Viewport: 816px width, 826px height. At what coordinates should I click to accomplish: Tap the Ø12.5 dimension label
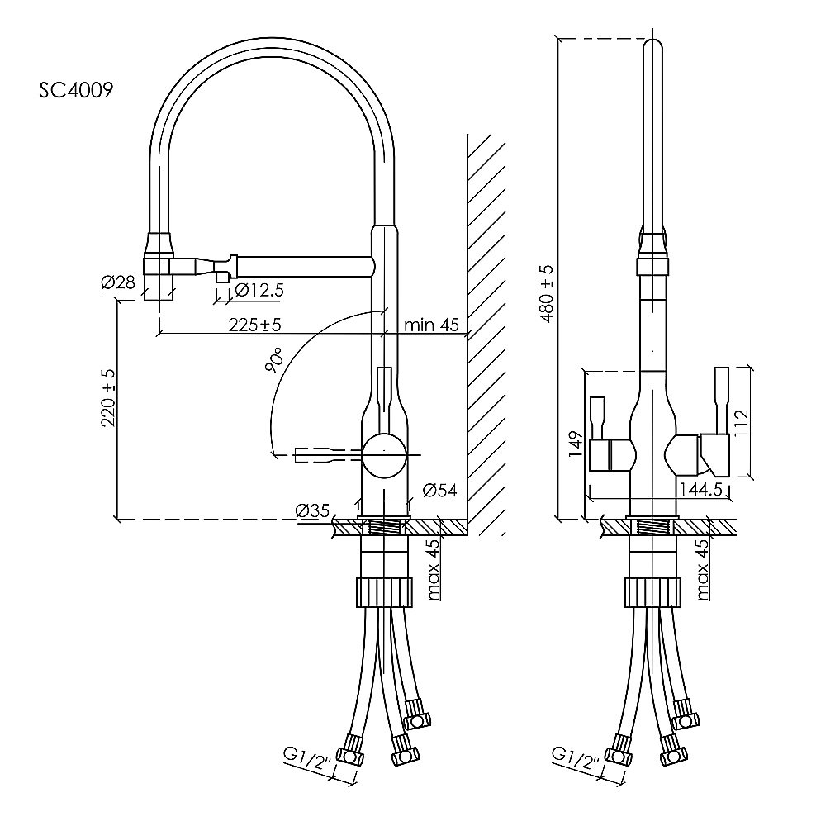pos(259,290)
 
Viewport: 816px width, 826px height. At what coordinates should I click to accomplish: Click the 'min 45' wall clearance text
pos(430,325)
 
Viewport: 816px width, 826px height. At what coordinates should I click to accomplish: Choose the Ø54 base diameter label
pos(439,491)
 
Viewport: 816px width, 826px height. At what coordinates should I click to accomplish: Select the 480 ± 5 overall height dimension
pos(546,293)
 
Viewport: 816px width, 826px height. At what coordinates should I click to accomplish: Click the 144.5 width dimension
pos(701,490)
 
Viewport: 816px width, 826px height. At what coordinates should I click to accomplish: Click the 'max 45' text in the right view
pos(702,569)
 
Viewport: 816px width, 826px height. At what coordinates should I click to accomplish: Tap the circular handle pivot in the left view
pos(384,455)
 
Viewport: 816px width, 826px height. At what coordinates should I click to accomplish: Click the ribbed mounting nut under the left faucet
pos(383,591)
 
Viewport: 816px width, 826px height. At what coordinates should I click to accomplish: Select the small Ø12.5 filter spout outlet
pos(221,277)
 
